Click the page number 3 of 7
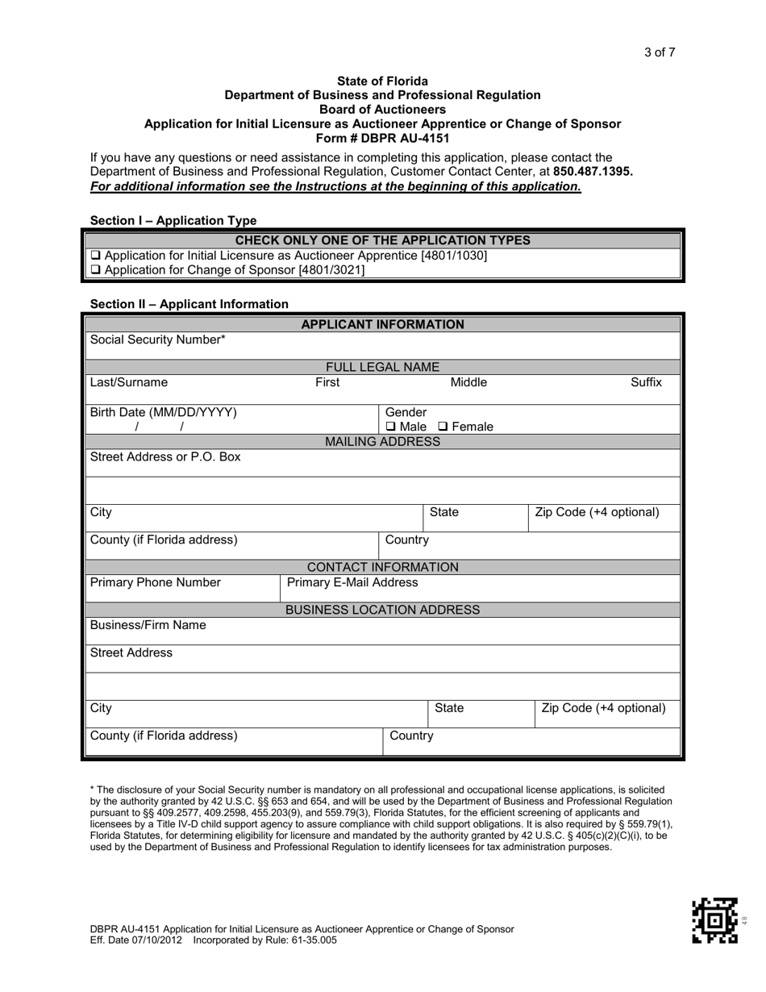(659, 53)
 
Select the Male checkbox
(391, 427)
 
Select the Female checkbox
(443, 427)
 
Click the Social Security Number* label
(158, 340)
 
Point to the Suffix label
(646, 382)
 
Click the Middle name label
(468, 382)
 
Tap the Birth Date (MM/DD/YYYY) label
(163, 412)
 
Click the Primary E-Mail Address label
(352, 582)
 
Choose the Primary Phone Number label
(155, 582)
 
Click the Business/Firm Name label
(148, 625)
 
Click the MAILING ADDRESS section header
(382, 442)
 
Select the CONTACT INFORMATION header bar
(382, 567)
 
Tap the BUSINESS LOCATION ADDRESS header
(382, 610)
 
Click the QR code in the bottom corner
(714, 920)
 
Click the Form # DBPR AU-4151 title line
(382, 138)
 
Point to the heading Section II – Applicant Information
(189, 304)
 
